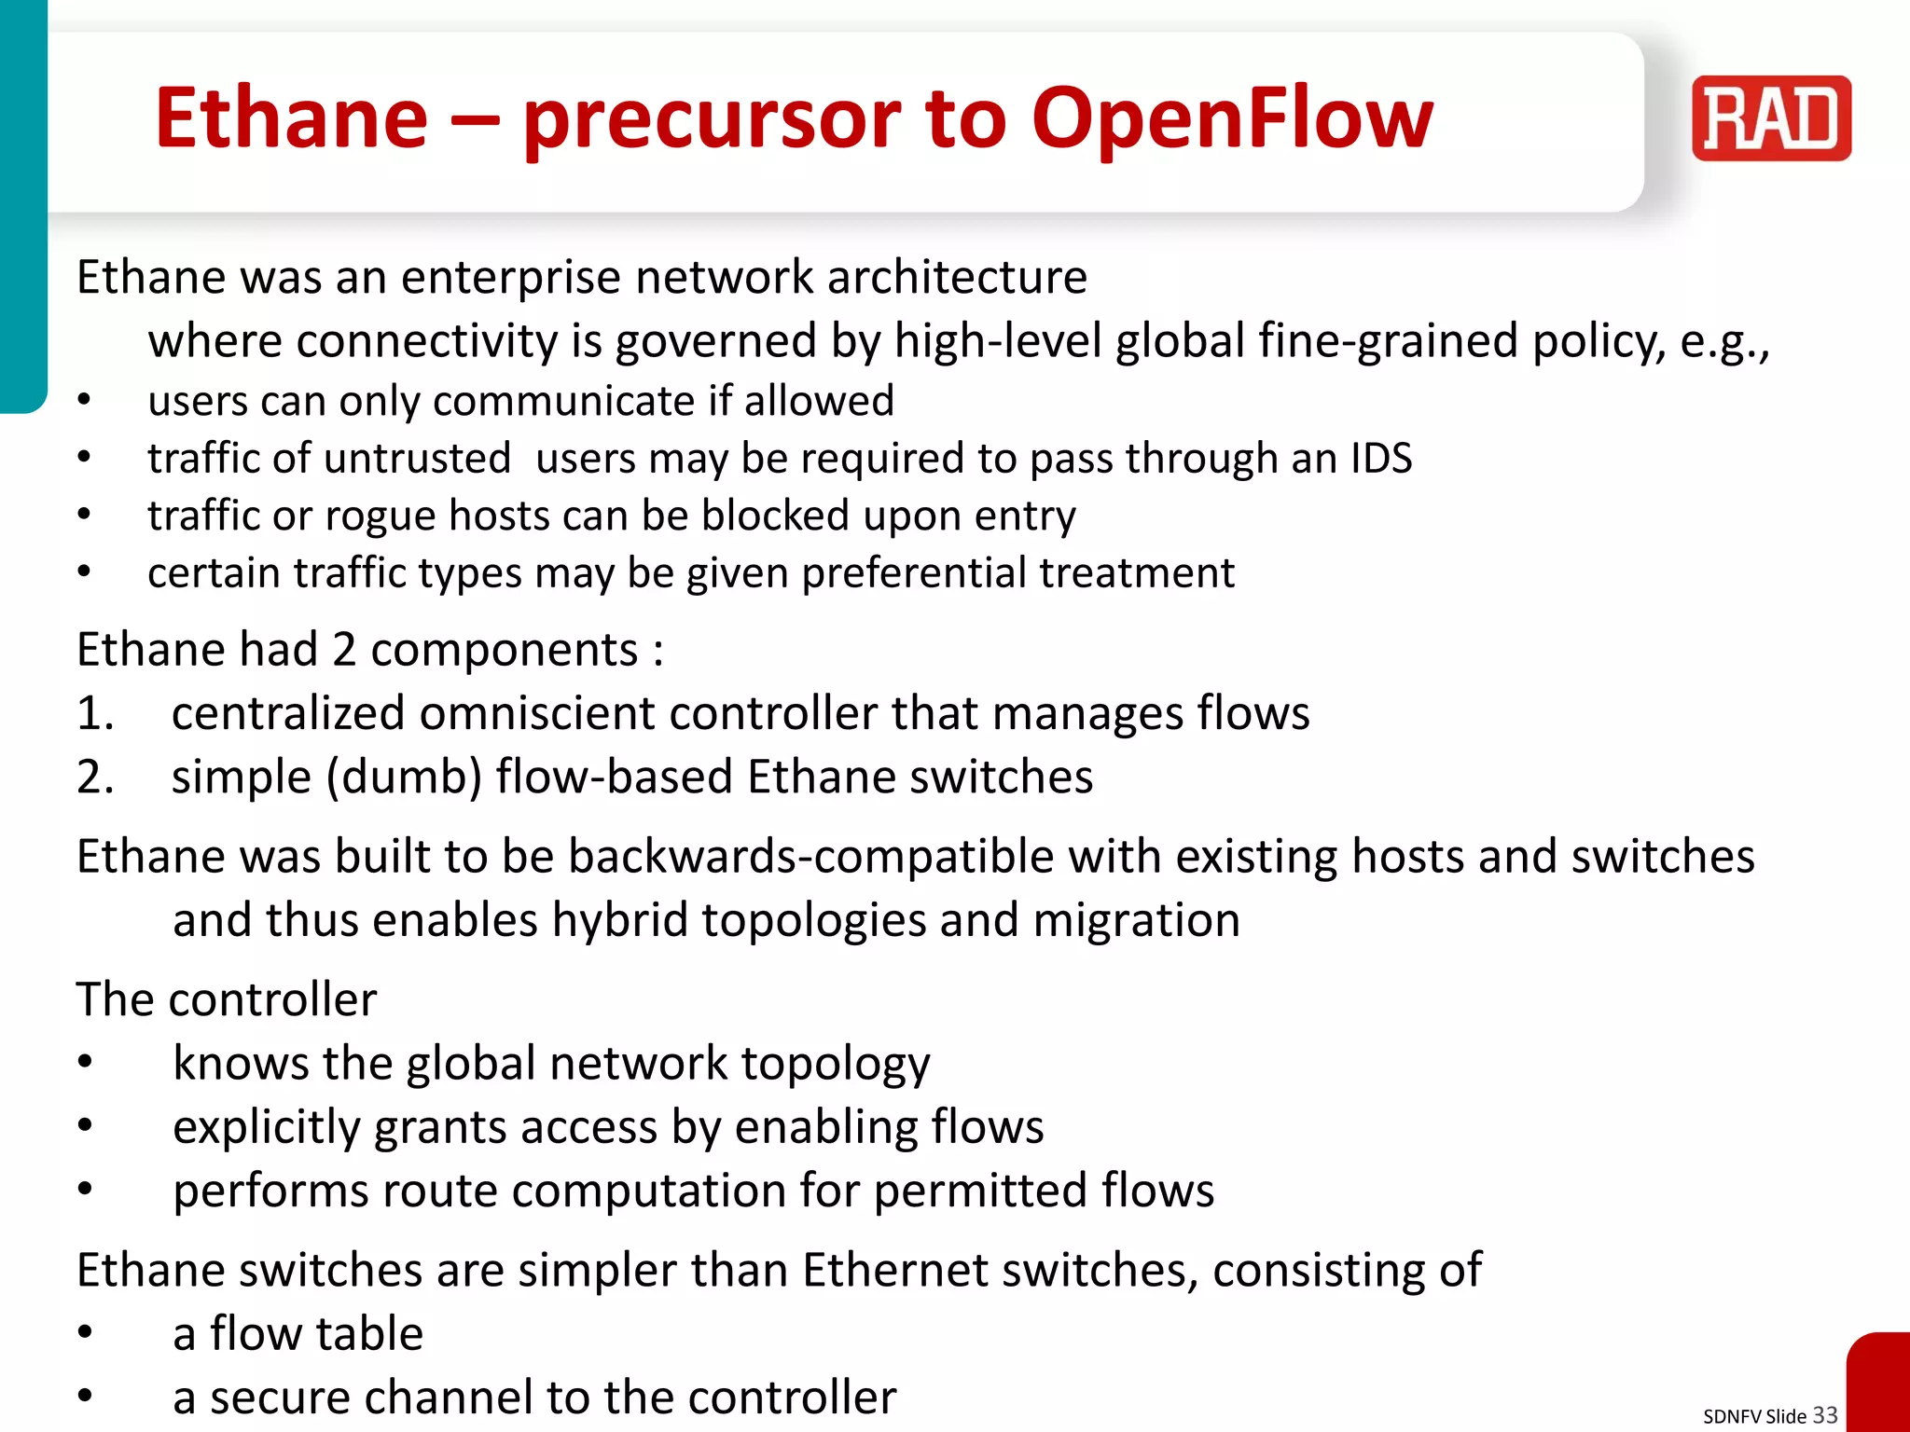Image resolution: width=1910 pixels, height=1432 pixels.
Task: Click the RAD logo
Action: pyautogui.click(x=1770, y=118)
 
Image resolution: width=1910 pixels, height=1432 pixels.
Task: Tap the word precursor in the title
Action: pyautogui.click(x=712, y=118)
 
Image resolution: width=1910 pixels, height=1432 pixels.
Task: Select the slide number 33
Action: pyautogui.click(x=1824, y=1414)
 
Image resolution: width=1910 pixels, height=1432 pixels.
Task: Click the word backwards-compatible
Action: pyautogui.click(x=810, y=856)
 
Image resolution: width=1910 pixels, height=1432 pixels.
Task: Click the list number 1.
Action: pyautogui.click(x=94, y=713)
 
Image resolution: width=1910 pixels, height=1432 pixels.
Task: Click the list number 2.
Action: pyautogui.click(x=94, y=777)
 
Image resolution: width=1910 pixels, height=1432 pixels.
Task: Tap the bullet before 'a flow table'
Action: pyautogui.click(x=85, y=1333)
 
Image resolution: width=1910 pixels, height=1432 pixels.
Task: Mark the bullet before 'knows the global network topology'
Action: pyautogui.click(x=85, y=1064)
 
